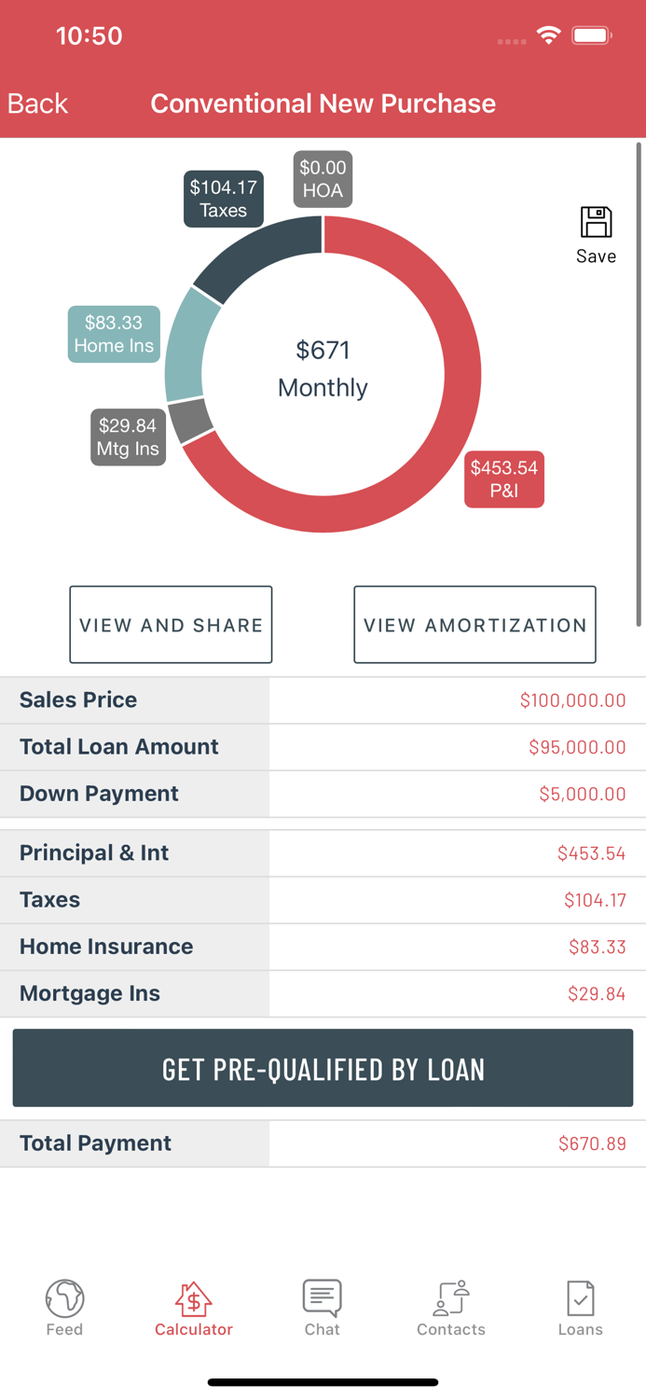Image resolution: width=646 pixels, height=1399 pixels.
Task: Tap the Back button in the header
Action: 37,104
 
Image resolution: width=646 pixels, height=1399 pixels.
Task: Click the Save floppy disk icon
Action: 596,224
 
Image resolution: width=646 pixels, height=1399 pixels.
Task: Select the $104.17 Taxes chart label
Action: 223,199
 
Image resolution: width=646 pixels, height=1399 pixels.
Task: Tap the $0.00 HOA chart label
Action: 323,179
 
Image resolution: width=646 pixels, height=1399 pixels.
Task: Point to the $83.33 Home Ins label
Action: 114,334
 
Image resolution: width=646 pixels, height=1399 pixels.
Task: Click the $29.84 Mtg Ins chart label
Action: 128,436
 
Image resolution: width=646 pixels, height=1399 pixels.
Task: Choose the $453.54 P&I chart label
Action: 503,478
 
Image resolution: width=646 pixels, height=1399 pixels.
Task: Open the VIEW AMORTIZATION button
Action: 474,625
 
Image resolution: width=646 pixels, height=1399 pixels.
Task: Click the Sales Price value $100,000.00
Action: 572,700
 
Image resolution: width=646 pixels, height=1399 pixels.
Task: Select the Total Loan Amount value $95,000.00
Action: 576,747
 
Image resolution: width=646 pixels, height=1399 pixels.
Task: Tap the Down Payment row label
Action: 99,794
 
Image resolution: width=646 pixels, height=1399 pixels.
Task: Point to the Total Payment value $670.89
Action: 592,1143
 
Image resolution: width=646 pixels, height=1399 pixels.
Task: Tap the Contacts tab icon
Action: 451,1297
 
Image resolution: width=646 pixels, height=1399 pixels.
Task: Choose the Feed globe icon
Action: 64,1297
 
